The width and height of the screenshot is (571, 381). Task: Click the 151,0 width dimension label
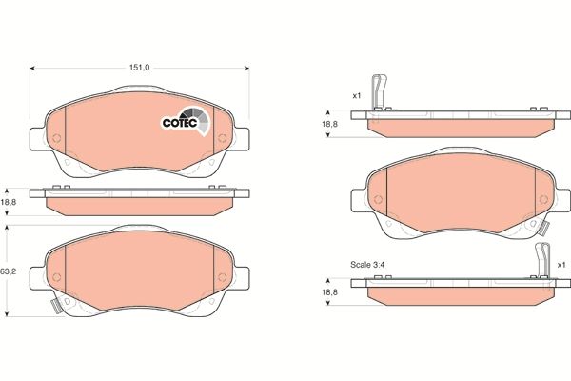pos(140,68)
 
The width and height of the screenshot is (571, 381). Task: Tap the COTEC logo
pos(181,120)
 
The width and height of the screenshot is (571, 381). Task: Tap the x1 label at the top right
pos(356,96)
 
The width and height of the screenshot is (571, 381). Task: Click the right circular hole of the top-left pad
pos(222,139)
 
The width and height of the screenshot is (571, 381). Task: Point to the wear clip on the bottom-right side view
pos(543,260)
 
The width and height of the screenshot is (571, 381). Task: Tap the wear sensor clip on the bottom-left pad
pos(55,306)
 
